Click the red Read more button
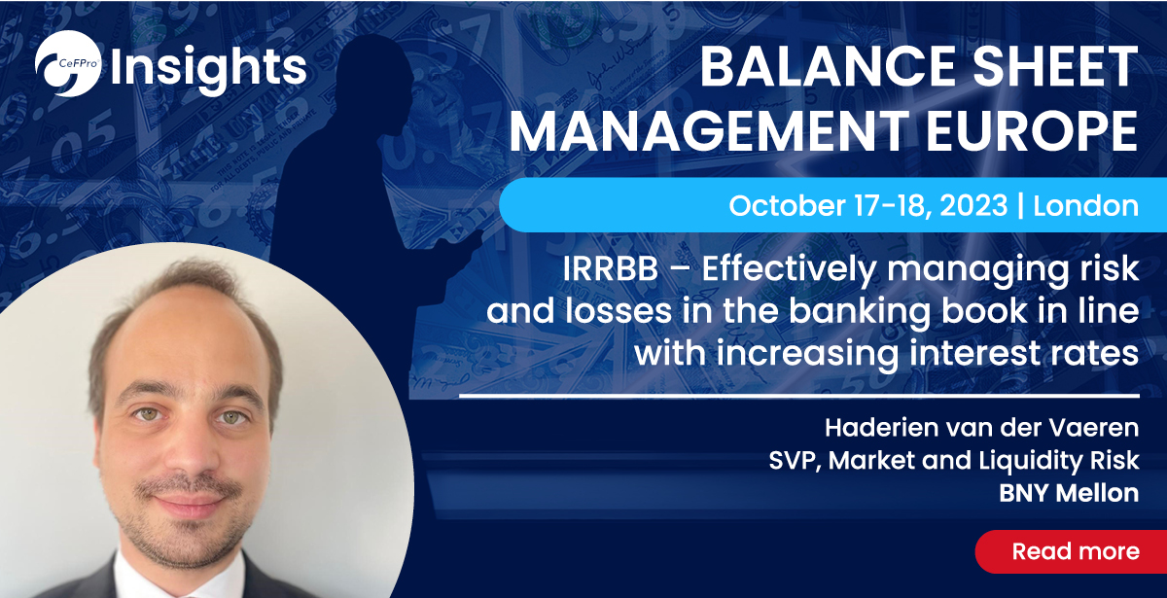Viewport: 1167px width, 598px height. [1075, 551]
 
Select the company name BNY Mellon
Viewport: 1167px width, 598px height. [1068, 492]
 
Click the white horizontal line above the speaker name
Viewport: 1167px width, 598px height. [797, 396]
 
